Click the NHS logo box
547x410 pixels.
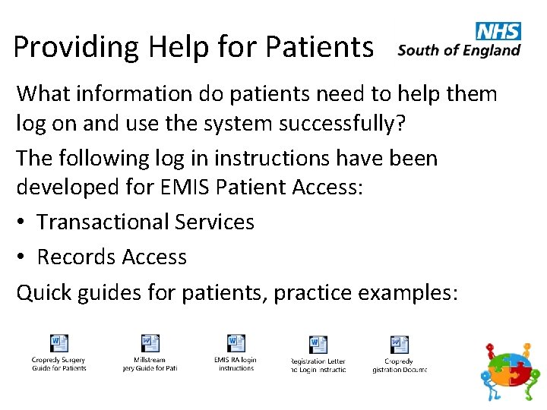tap(498, 31)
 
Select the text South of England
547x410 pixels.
tap(459, 52)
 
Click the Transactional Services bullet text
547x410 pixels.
tap(146, 222)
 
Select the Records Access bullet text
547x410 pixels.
tap(112, 257)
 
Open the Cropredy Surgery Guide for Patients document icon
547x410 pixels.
tap(58, 343)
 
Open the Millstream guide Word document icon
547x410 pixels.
tap(150, 343)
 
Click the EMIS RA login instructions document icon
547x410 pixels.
tap(236, 343)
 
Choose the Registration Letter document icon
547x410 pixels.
tap(318, 345)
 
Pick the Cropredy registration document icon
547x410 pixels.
tap(399, 345)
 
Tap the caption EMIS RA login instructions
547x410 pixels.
tap(236, 364)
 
